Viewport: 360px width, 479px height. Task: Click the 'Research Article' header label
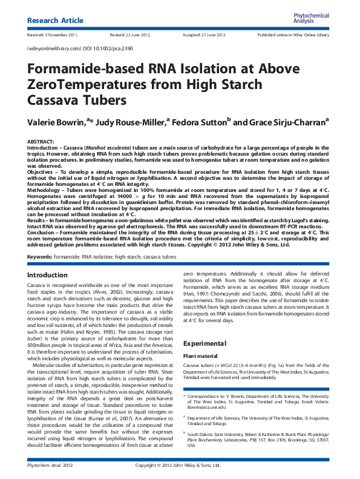pos(56,21)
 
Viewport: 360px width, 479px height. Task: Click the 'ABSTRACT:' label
pos(41,140)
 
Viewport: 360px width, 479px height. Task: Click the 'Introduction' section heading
pos(48,276)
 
